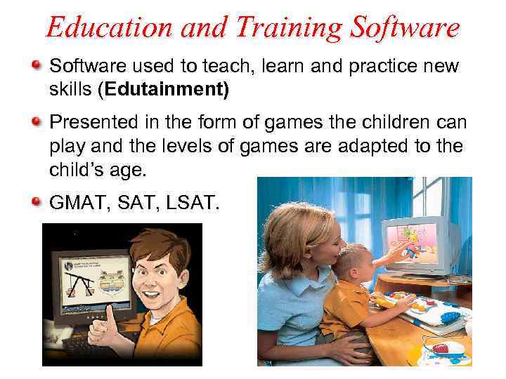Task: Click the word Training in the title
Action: (269, 28)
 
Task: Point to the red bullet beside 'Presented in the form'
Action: (36, 122)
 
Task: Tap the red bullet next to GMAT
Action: (36, 204)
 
